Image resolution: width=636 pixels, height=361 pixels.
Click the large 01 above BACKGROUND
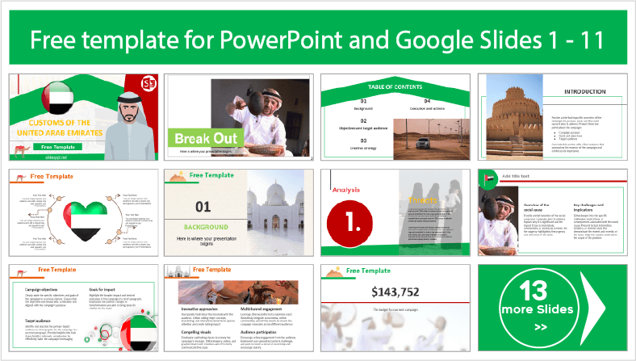click(203, 207)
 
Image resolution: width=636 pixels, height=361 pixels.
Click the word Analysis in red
click(346, 190)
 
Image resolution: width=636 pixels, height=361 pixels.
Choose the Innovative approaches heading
click(201, 309)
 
